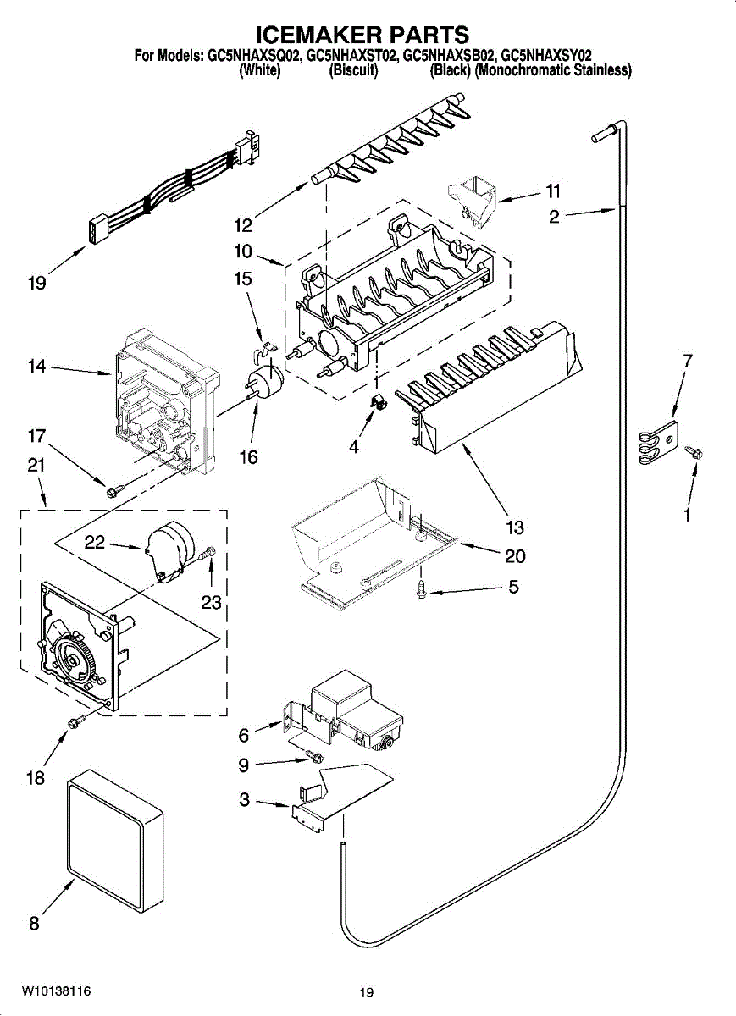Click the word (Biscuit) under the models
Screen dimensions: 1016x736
[x=353, y=71]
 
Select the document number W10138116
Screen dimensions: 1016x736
[x=57, y=991]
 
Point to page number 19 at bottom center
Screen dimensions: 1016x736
[x=366, y=992]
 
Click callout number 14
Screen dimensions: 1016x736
[x=36, y=367]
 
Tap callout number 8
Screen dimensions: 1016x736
[x=34, y=924]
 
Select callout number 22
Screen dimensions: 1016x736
[x=95, y=543]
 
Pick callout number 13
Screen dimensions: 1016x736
[x=515, y=527]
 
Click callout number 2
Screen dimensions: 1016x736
[x=554, y=217]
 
